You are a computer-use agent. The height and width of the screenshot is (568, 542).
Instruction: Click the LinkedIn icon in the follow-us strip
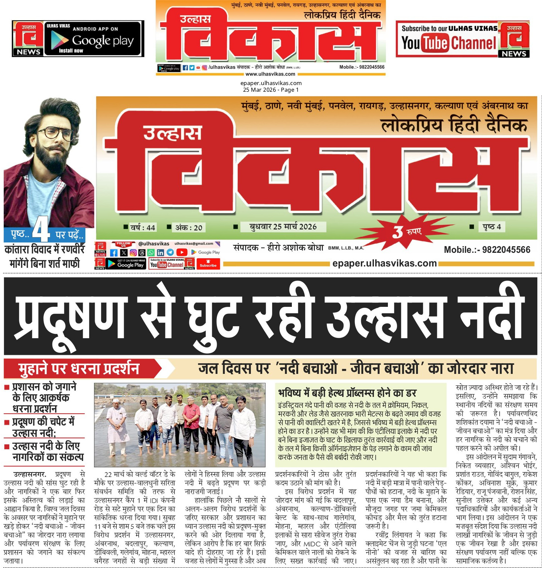click(x=160, y=253)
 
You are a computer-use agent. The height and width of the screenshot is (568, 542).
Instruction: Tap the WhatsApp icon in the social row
click(x=151, y=253)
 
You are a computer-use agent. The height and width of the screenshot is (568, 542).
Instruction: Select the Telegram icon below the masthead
click(x=170, y=253)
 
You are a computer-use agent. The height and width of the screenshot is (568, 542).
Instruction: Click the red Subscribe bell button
click(x=208, y=264)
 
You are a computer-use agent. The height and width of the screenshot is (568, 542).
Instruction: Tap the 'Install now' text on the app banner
click(x=71, y=51)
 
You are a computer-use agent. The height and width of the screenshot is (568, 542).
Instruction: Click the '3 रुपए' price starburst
click(x=407, y=231)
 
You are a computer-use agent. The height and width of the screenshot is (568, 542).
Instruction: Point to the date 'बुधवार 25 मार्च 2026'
click(x=283, y=227)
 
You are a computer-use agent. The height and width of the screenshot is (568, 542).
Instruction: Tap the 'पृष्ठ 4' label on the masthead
click(x=492, y=227)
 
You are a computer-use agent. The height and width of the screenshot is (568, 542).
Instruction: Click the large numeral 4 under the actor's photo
click(x=41, y=230)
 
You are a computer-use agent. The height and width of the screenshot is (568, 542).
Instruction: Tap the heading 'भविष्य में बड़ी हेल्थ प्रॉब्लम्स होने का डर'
click(x=347, y=393)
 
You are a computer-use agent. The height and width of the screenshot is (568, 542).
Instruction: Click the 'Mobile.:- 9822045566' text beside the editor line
click(x=487, y=249)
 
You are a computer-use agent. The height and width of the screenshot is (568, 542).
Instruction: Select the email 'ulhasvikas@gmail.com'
click(x=194, y=243)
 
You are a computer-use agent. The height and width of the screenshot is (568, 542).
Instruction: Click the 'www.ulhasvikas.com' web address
click(x=270, y=74)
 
